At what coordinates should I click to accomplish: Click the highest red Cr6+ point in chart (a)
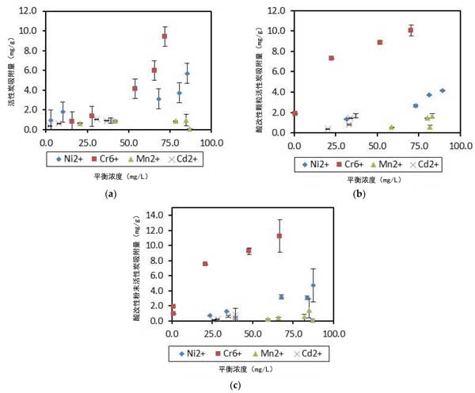(165, 36)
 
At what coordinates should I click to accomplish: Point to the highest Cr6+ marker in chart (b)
(411, 31)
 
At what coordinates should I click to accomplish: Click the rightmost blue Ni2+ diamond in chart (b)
(443, 90)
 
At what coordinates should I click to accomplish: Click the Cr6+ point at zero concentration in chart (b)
(294, 113)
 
